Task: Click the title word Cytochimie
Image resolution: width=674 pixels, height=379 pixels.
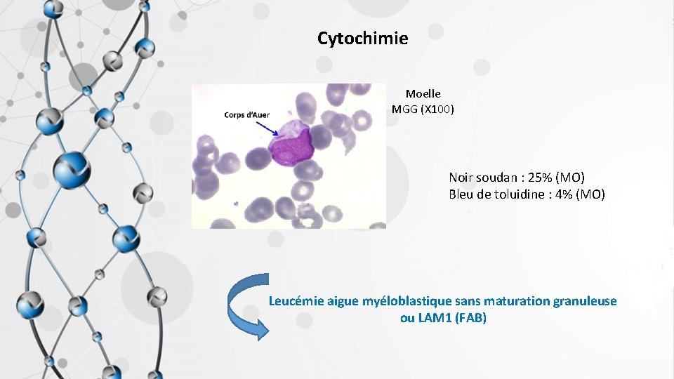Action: click(362, 39)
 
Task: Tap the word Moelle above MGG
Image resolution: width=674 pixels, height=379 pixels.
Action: click(423, 93)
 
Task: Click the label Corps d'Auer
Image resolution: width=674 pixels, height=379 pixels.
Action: click(246, 114)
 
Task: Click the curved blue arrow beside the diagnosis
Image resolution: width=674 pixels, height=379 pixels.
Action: click(246, 307)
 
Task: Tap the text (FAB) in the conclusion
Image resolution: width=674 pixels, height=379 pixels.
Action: click(470, 318)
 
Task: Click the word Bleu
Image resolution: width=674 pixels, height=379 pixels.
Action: click(461, 194)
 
